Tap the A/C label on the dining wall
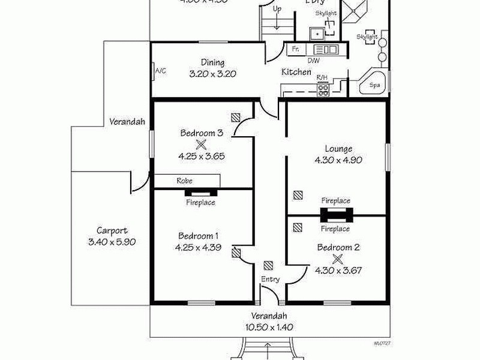tap(160, 71)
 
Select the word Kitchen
tap(296, 72)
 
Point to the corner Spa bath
tap(373, 84)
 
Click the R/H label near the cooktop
tap(322, 78)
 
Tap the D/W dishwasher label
tap(314, 60)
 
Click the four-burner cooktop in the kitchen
tap(323, 90)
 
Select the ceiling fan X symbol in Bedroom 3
tap(201, 144)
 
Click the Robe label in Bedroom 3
tap(184, 180)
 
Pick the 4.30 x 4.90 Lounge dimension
tap(338, 160)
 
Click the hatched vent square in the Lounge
tap(298, 195)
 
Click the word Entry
tap(269, 280)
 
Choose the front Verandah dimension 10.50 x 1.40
tap(269, 328)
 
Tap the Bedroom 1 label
tap(200, 236)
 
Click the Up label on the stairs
tap(277, 9)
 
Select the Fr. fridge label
tap(295, 49)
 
